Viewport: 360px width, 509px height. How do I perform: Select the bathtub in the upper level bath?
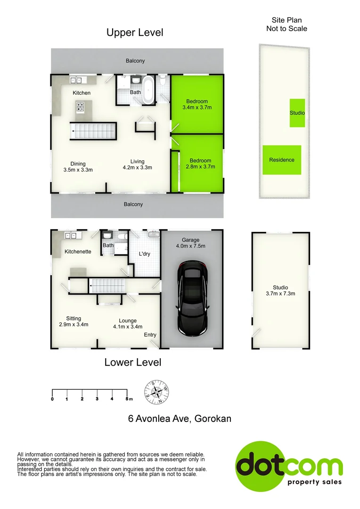(148, 90)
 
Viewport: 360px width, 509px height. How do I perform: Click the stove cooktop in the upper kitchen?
(82, 107)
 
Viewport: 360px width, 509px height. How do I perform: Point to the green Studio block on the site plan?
(297, 113)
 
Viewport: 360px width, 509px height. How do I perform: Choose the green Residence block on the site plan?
(282, 160)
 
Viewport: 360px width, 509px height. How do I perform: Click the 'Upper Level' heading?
(134, 33)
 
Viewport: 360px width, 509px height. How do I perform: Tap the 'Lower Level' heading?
(132, 362)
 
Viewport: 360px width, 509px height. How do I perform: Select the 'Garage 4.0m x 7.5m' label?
(191, 243)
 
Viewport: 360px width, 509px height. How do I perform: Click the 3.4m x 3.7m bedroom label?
(196, 104)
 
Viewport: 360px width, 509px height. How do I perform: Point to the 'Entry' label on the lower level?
(150, 335)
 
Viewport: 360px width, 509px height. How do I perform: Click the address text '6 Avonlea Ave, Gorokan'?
(180, 419)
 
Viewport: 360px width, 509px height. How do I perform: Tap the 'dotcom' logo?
(289, 464)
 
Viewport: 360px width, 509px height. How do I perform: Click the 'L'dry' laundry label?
(144, 254)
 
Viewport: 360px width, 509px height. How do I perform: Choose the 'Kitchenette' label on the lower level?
(78, 252)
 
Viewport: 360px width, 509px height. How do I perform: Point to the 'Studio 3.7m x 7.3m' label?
(280, 291)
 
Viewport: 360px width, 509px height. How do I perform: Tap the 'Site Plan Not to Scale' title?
(286, 24)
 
